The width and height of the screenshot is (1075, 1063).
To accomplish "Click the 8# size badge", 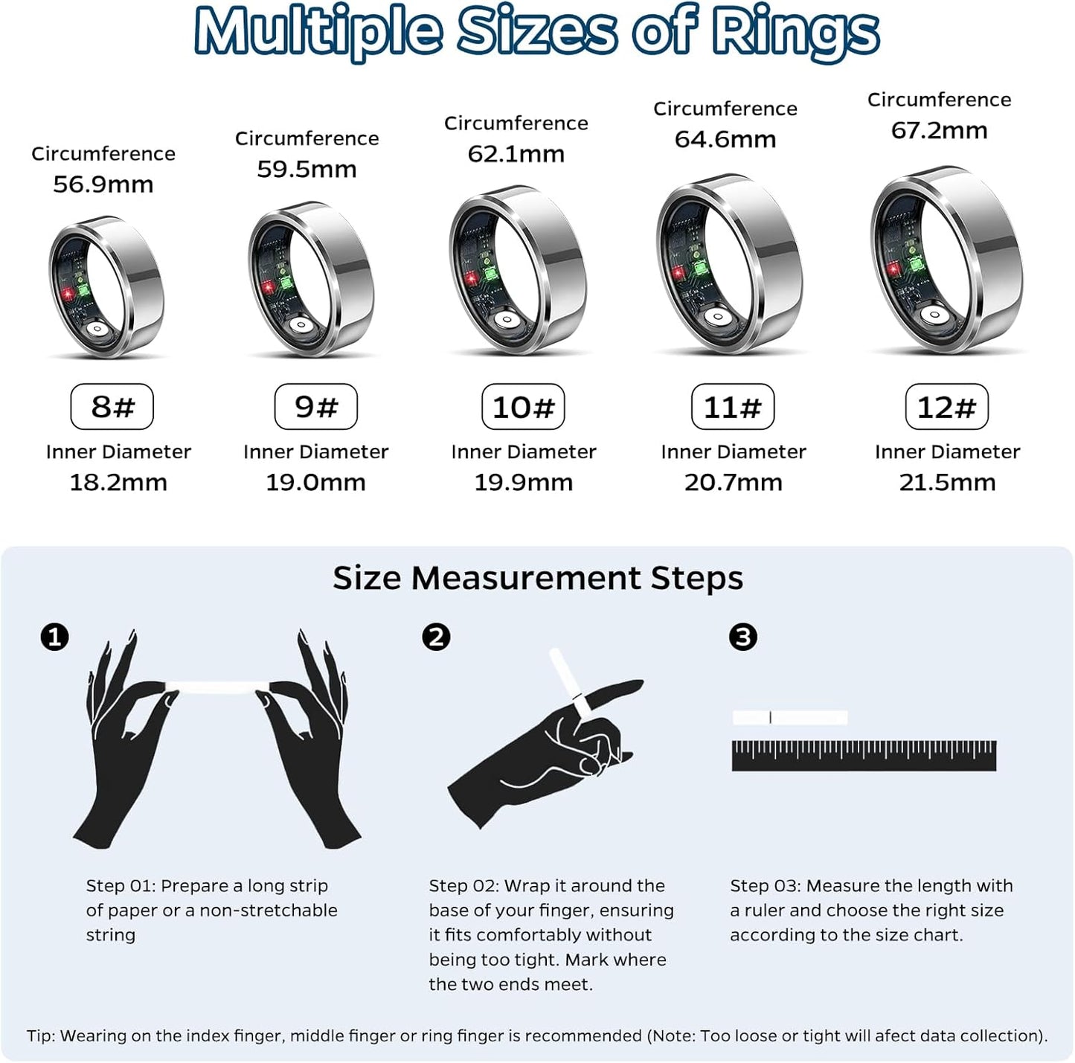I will tap(112, 407).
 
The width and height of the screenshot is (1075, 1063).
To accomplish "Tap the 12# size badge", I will tap(946, 407).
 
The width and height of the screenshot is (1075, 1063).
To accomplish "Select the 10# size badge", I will tap(523, 407).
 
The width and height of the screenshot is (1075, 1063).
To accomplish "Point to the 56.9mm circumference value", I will tap(103, 184).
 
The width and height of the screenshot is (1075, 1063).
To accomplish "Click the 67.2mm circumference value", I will tap(939, 131).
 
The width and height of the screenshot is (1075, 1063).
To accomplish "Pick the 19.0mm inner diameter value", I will tap(315, 483).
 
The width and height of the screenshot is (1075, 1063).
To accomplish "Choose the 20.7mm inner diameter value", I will tap(734, 483).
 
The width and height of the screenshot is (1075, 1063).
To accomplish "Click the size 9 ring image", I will tap(311, 279).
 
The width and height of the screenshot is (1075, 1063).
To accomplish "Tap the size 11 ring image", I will tap(729, 264).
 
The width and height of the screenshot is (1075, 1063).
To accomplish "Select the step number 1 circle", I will tap(54, 638).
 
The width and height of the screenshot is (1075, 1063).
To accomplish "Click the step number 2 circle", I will tap(436, 638).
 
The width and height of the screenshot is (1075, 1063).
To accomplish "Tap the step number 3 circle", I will tap(742, 638).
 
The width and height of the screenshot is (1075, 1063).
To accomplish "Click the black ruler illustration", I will tap(864, 756).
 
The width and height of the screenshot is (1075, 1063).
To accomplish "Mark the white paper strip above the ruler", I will tap(790, 718).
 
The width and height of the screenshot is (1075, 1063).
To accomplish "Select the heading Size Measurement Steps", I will tap(537, 578).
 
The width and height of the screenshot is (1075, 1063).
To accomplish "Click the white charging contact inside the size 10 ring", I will tap(508, 321).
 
